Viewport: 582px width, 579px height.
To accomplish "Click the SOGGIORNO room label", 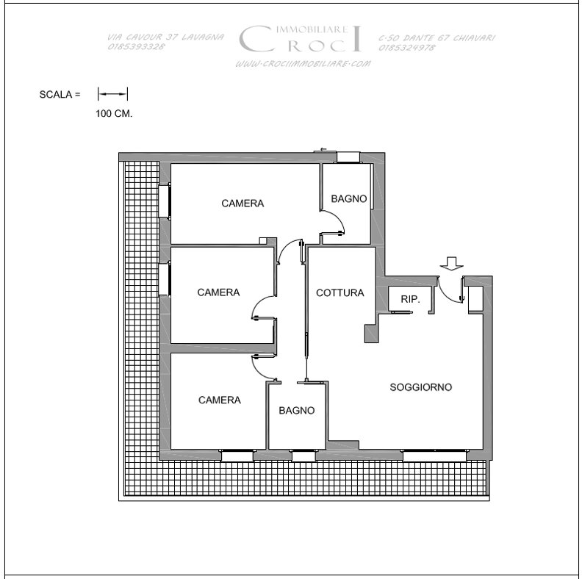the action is pyautogui.click(x=420, y=387).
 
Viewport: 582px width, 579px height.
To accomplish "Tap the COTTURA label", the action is pyautogui.click(x=340, y=293).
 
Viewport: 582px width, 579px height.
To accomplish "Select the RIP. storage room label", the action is pyautogui.click(x=410, y=299).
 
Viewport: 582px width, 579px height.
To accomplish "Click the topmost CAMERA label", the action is pyautogui.click(x=242, y=204).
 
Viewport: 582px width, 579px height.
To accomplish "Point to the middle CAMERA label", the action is pyautogui.click(x=218, y=292).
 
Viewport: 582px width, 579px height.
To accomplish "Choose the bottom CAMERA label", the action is pyautogui.click(x=220, y=400).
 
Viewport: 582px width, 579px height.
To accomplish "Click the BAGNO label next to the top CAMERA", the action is pyautogui.click(x=349, y=199).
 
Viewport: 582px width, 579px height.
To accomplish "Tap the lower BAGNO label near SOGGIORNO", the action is pyautogui.click(x=297, y=411).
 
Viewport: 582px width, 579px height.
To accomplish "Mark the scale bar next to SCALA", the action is pyautogui.click(x=113, y=94).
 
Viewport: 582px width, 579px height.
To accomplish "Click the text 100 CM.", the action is pyautogui.click(x=114, y=114).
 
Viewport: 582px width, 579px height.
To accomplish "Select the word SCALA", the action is pyautogui.click(x=56, y=95).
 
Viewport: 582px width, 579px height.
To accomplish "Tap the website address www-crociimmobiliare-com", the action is pyautogui.click(x=303, y=64).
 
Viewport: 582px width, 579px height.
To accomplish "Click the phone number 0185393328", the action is pyautogui.click(x=136, y=47).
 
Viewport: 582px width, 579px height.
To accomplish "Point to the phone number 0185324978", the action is pyautogui.click(x=407, y=48).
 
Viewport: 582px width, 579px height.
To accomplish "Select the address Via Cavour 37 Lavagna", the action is pyautogui.click(x=165, y=37).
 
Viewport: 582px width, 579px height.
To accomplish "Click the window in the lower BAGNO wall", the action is pyautogui.click(x=303, y=456).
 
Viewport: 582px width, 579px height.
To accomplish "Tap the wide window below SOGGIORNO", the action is pyautogui.click(x=434, y=455).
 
